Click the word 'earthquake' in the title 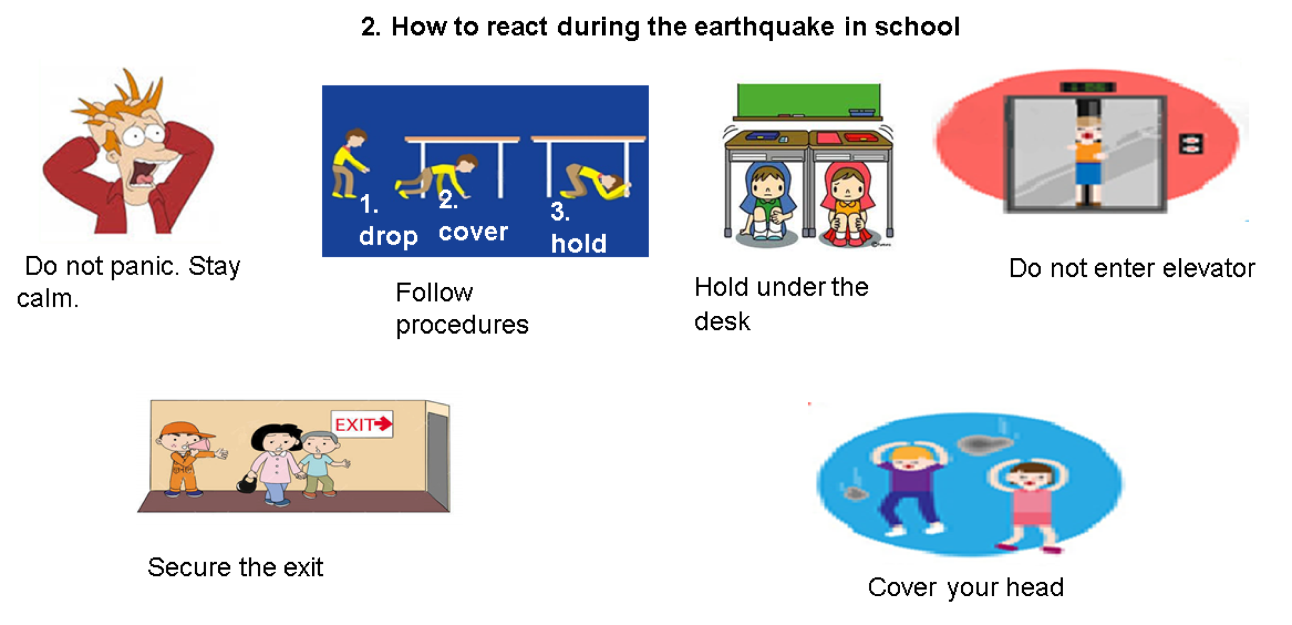tap(764, 27)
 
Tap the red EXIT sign tap(362, 424)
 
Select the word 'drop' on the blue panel tap(388, 236)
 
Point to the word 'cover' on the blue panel tap(473, 232)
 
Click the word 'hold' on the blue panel tap(579, 243)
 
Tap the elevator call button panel tap(1191, 145)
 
